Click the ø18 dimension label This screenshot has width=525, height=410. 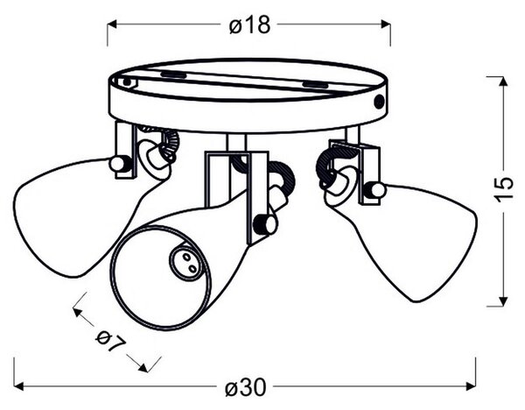(x=249, y=25)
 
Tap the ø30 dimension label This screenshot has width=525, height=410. (x=246, y=387)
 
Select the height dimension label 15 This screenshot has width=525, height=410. (x=504, y=189)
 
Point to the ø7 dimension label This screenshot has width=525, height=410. (x=111, y=342)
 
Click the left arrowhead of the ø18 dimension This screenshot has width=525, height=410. (x=112, y=25)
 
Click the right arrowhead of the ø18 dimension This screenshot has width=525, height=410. (x=386, y=25)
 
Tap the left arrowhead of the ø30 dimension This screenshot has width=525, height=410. (x=18, y=386)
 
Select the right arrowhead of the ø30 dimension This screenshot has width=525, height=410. (x=471, y=386)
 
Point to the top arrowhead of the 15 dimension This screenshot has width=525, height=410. (x=502, y=81)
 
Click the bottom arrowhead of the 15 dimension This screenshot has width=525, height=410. (x=502, y=301)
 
